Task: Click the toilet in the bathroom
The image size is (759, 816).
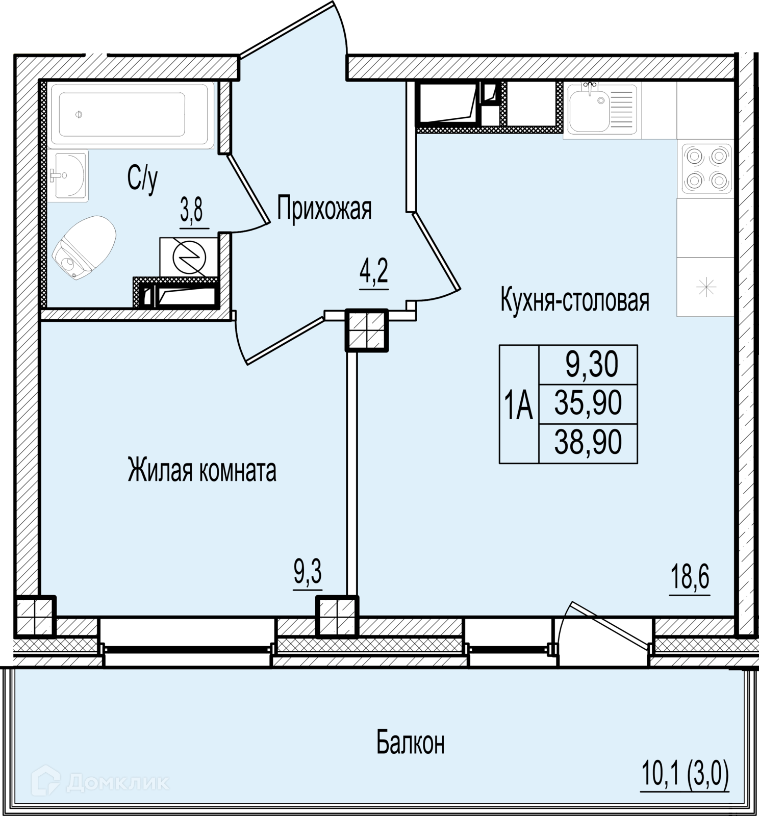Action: pos(84,248)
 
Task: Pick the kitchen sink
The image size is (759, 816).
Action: pos(602,110)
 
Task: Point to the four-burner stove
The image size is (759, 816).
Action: pos(706,168)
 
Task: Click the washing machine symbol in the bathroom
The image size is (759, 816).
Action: pos(189,257)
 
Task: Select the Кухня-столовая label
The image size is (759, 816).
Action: pos(575,300)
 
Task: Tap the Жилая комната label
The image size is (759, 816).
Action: pos(202,470)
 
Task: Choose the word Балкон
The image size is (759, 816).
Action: pos(411,743)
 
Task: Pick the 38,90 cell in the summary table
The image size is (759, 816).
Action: pos(588,443)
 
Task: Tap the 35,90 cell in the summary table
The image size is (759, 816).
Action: pos(588,404)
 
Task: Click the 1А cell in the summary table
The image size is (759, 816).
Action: pos(519,404)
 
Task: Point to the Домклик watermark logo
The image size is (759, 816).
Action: pos(100,781)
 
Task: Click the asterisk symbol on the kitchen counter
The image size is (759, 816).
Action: pos(706,287)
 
